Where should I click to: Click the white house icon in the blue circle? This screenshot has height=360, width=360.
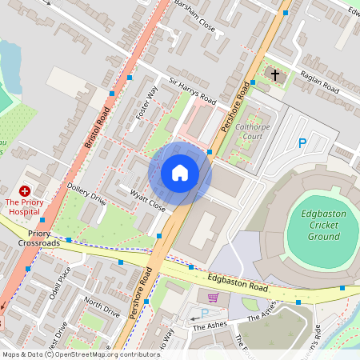180,173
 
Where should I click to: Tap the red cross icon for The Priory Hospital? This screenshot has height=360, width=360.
25,191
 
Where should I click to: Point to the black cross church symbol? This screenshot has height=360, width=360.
274,74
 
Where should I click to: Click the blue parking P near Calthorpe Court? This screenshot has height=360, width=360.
302,143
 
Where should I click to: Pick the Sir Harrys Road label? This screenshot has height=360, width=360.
192,91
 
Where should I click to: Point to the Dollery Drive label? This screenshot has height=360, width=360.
86,194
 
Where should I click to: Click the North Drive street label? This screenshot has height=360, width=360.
102,306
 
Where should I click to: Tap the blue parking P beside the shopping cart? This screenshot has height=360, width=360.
203,313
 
